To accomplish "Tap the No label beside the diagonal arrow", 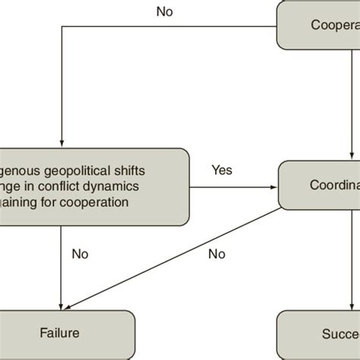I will point(216,253).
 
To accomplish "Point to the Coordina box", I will point(319,186).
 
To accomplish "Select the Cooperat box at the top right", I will point(319,25).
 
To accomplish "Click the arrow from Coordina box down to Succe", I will point(352,258).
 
